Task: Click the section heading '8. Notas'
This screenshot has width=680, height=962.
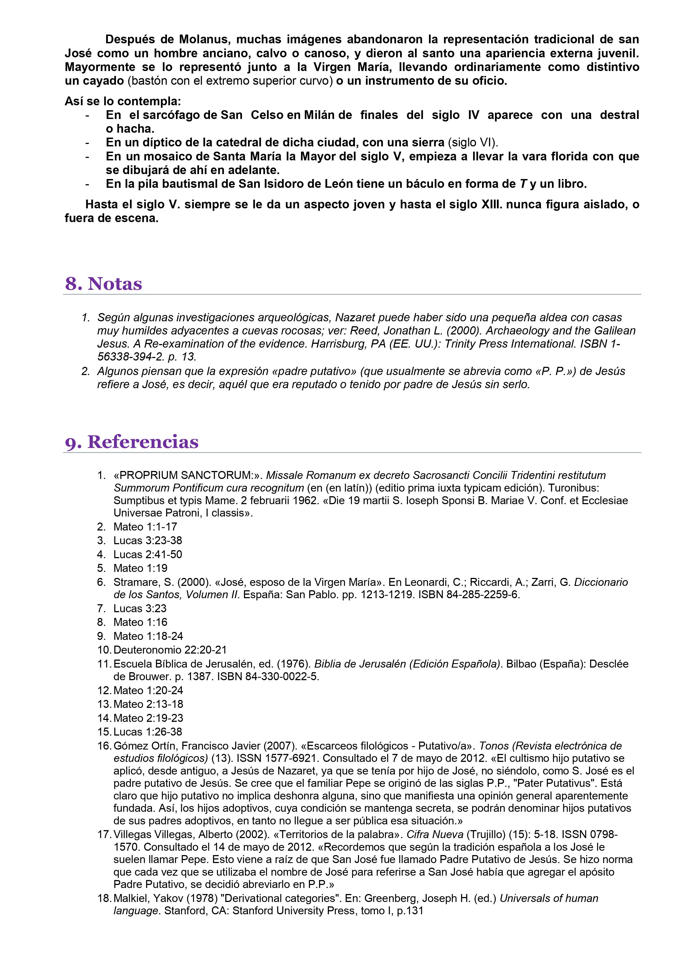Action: click(104, 284)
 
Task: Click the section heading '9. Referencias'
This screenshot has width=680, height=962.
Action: click(132, 442)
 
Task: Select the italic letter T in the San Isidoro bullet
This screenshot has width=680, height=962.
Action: click(523, 184)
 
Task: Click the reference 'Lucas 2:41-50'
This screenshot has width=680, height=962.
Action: click(147, 554)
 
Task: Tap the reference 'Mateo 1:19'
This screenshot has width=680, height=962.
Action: click(140, 568)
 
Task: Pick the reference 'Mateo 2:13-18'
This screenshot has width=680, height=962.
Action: click(148, 704)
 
